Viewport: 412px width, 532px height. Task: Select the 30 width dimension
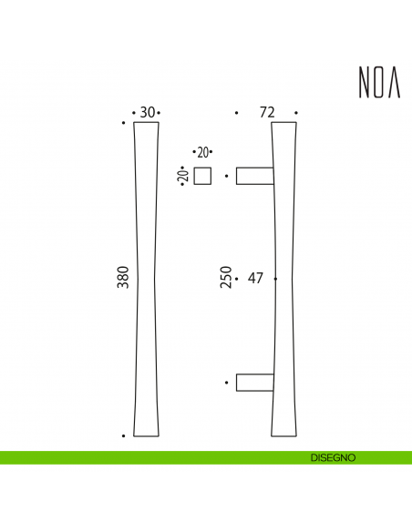click(x=147, y=113)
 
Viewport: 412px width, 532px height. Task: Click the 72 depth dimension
click(x=267, y=113)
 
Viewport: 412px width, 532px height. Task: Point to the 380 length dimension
click(x=123, y=278)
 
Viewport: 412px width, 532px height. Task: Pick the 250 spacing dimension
click(x=225, y=278)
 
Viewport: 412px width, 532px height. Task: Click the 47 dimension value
click(x=255, y=278)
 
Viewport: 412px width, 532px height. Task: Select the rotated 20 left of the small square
click(x=182, y=175)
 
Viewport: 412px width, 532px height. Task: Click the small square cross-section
click(x=202, y=176)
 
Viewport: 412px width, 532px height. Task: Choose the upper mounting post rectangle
click(x=253, y=176)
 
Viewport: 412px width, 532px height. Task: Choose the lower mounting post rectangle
click(x=253, y=383)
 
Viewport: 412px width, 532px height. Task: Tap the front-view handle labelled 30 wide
click(x=147, y=278)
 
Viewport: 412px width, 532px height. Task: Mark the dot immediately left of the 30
click(x=134, y=113)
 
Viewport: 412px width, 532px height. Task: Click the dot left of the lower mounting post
click(x=226, y=383)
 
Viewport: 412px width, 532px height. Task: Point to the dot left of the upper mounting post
click(x=226, y=174)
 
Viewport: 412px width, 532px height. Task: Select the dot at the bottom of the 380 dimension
click(x=123, y=435)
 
